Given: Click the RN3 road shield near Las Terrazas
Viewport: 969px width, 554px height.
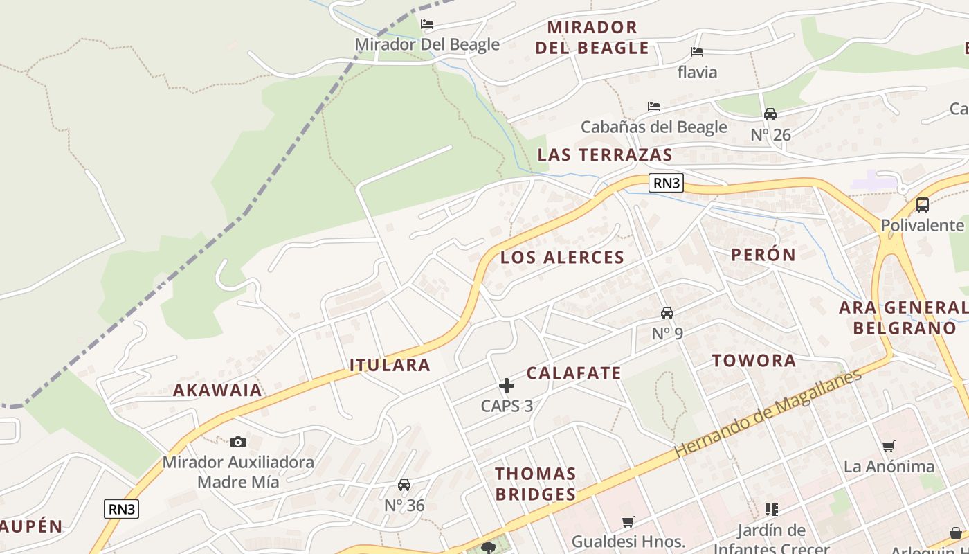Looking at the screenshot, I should point(667,183).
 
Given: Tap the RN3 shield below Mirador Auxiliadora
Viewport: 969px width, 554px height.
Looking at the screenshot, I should point(122,509).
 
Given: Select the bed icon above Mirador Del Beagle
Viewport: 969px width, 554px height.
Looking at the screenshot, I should point(427,24).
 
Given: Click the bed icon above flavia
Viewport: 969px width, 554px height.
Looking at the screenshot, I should point(697,52).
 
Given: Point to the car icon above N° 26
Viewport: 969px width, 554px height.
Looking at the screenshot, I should point(770,114).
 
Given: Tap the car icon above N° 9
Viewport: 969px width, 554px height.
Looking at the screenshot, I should point(667,313).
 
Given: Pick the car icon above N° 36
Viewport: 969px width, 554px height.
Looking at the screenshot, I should point(404,485).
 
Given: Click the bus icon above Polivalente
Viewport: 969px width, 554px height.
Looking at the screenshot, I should point(922,205).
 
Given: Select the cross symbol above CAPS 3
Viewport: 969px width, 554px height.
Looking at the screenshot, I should point(507,386).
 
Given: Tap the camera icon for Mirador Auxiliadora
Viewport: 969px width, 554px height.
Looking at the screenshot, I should point(238,442).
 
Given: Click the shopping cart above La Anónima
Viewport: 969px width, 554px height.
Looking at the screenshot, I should point(889,447).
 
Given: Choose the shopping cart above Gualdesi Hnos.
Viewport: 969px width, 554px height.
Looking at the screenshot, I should point(628,521).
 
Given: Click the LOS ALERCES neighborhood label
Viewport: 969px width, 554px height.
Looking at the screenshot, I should point(562,258).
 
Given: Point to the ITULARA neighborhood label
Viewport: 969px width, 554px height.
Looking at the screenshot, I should point(390,365).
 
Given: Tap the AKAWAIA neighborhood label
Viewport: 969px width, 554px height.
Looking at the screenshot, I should point(217,390).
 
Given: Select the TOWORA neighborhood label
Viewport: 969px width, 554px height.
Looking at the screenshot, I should point(754,360).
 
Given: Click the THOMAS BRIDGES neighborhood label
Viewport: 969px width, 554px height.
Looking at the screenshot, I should point(535,483).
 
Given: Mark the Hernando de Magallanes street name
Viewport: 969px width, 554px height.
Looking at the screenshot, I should point(768,413).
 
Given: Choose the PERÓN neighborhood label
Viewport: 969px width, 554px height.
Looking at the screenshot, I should point(763,254).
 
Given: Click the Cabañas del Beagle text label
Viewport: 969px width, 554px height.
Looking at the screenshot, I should point(653,127).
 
